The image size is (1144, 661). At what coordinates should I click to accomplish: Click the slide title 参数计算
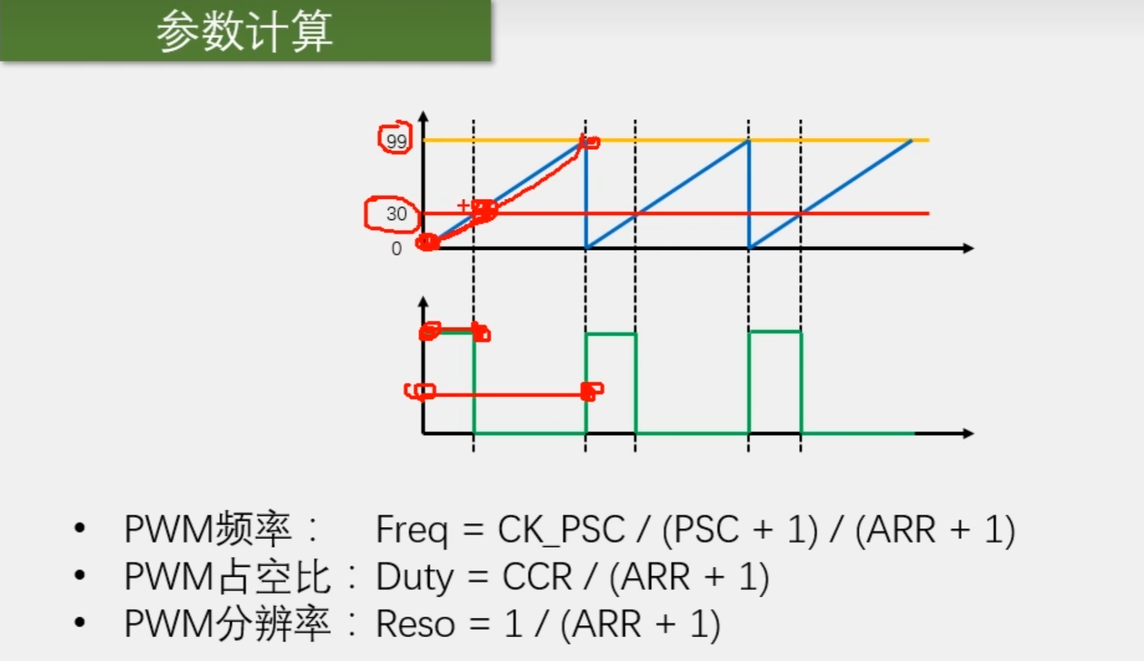point(244,31)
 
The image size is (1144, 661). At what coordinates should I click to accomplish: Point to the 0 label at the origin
point(396,249)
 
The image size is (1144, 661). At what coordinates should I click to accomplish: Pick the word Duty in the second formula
point(415,577)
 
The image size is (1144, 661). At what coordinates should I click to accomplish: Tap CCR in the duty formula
point(537,577)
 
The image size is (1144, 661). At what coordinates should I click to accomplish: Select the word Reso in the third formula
point(415,625)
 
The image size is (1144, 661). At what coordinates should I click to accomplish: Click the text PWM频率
point(208,530)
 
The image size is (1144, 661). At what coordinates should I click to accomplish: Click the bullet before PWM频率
point(80,529)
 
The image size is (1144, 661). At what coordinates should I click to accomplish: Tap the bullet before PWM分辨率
point(80,623)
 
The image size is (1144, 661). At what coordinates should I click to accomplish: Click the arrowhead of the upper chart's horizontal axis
point(968,248)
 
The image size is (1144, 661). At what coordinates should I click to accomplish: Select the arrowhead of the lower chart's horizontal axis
point(968,433)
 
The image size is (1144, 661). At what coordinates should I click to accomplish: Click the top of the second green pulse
point(610,334)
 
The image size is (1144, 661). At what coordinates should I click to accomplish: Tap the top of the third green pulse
point(774,331)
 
